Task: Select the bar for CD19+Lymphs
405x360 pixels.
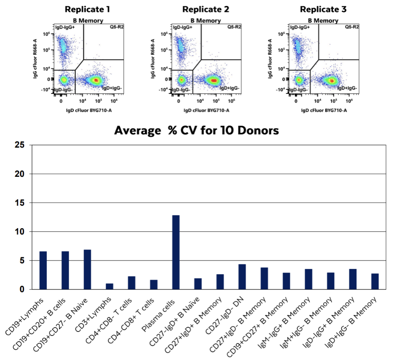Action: pyautogui.click(x=43, y=270)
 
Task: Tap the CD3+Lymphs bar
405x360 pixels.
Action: pyautogui.click(x=109, y=286)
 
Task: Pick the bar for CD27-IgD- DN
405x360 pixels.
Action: pyautogui.click(x=242, y=277)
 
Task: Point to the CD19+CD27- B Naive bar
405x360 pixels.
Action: pyautogui.click(x=87, y=269)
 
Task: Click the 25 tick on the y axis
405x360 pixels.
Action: pyautogui.click(x=21, y=145)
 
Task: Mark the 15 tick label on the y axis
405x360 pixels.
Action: pyautogui.click(x=21, y=203)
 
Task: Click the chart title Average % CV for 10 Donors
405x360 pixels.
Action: pyautogui.click(x=196, y=130)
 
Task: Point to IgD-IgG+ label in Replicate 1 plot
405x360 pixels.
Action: pyautogui.click(x=64, y=27)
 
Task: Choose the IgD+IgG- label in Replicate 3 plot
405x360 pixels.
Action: pyautogui.click(x=347, y=88)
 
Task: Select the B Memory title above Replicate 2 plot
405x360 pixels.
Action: pyautogui.click(x=205, y=20)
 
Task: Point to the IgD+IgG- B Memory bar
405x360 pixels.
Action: pyautogui.click(x=374, y=281)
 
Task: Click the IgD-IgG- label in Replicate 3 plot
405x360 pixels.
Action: pyautogui.click(x=299, y=90)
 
